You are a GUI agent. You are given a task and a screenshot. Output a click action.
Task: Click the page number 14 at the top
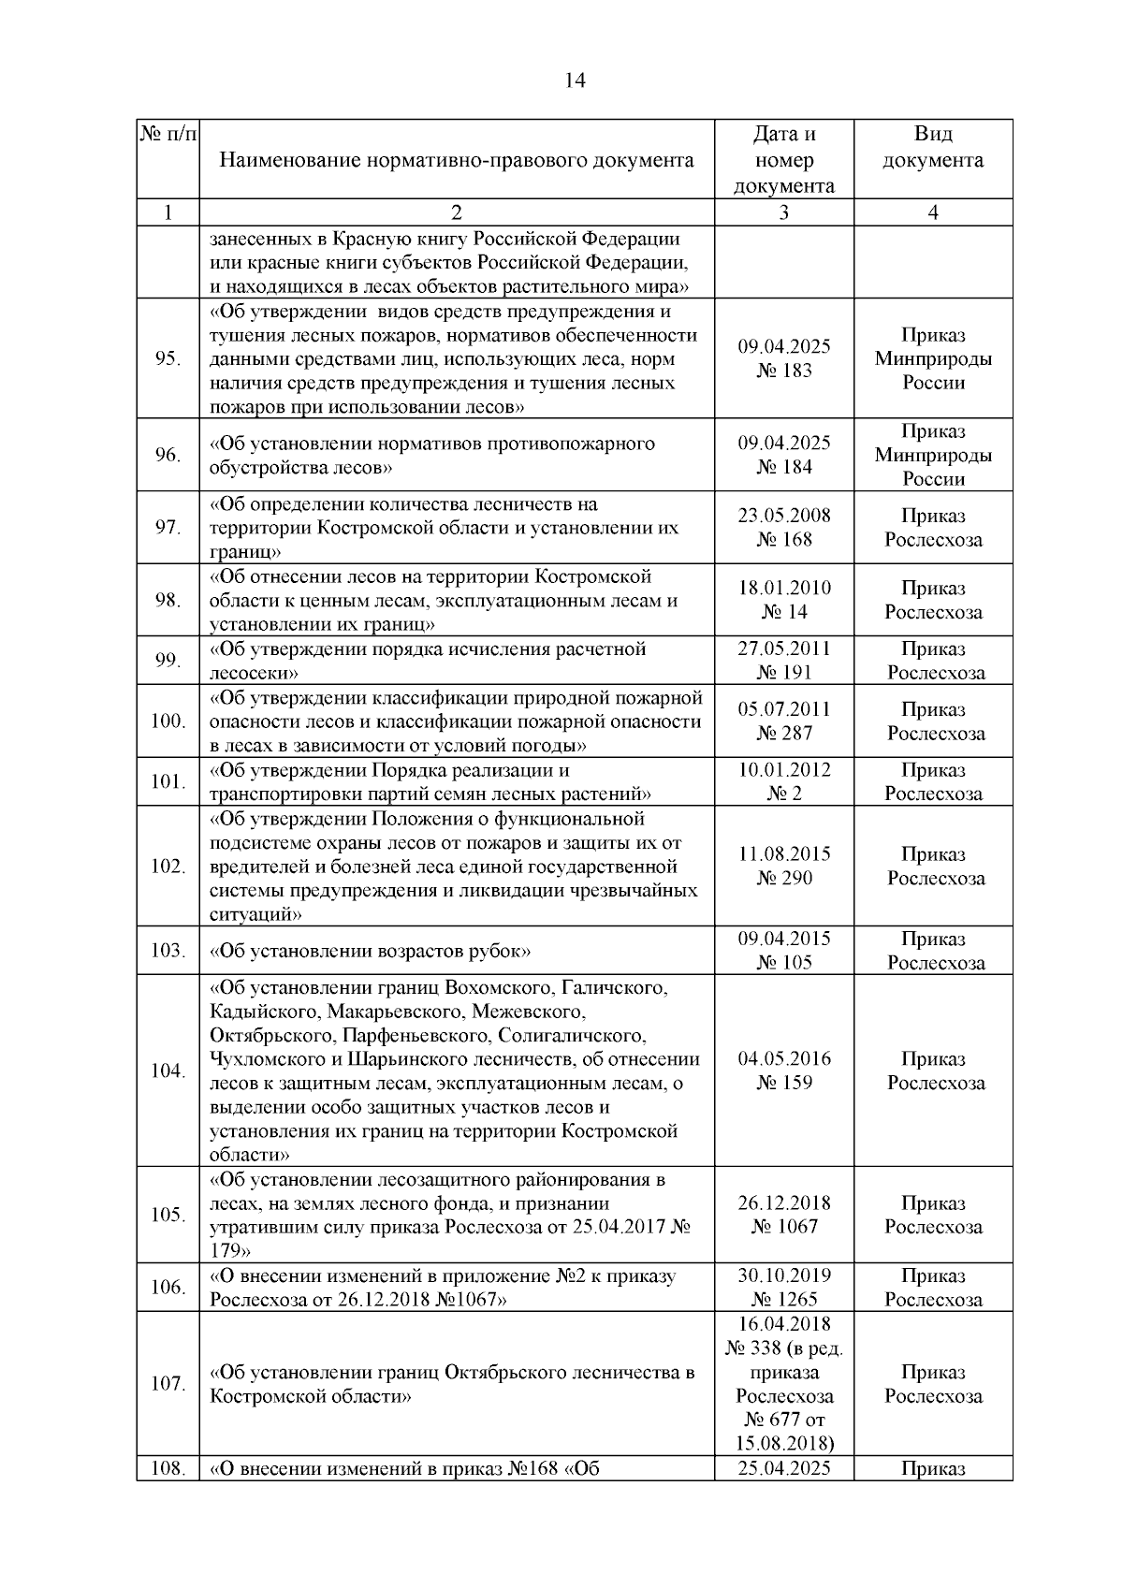click(x=575, y=81)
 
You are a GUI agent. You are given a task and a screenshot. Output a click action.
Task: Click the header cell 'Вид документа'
click(x=933, y=148)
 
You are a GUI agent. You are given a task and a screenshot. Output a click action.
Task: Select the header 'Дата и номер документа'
click(x=783, y=159)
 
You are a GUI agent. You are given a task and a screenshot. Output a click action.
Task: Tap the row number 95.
click(x=168, y=359)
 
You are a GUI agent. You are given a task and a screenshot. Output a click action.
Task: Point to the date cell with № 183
click(x=783, y=358)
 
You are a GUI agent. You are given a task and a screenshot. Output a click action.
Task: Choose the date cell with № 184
click(x=783, y=455)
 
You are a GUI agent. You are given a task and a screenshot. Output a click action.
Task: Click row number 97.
click(x=168, y=528)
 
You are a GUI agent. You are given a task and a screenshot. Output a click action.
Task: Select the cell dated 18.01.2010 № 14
click(x=783, y=600)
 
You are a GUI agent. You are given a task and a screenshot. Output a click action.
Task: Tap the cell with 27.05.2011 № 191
click(x=783, y=661)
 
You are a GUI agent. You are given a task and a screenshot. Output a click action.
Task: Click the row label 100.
click(x=168, y=721)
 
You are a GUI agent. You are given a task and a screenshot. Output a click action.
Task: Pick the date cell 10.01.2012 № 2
click(x=783, y=781)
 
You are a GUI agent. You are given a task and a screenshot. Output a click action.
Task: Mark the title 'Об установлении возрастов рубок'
click(x=371, y=952)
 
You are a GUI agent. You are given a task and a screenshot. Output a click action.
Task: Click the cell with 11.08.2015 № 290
click(x=783, y=866)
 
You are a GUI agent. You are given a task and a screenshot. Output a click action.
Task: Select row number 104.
click(x=168, y=1071)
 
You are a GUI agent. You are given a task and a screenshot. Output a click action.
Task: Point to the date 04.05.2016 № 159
click(x=783, y=1071)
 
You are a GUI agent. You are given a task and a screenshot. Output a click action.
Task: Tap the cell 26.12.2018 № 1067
click(x=783, y=1215)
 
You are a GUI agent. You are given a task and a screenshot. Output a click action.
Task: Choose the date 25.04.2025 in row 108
click(x=783, y=1468)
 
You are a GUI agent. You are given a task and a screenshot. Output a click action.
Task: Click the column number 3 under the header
click(x=783, y=212)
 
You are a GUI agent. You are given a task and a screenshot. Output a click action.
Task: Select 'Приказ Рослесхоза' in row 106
click(x=933, y=1288)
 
